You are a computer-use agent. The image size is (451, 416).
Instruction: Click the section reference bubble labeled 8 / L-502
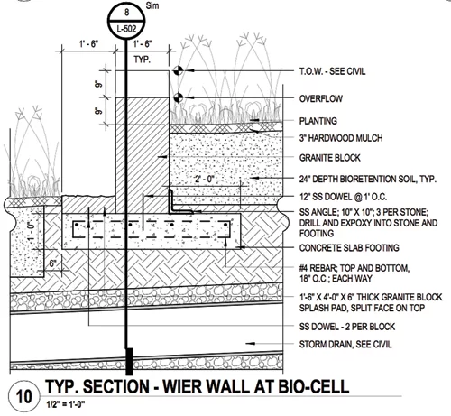(126, 21)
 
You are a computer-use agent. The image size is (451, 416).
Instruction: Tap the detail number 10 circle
(23, 397)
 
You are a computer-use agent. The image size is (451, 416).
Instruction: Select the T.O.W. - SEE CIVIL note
(332, 71)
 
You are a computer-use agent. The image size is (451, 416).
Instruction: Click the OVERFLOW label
(321, 98)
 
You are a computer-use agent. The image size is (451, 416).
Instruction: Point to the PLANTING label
(318, 121)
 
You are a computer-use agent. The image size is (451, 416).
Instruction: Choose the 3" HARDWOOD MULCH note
(341, 138)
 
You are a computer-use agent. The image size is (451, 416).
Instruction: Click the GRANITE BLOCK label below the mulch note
(329, 158)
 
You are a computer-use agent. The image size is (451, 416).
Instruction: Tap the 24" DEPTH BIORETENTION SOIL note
(368, 180)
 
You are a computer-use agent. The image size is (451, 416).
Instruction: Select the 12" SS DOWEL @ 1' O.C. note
(343, 197)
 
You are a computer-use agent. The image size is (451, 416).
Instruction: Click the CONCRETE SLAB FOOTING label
(349, 248)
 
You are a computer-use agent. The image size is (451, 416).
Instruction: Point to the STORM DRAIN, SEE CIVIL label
(345, 345)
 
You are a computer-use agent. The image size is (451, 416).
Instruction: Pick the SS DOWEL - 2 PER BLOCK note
(347, 327)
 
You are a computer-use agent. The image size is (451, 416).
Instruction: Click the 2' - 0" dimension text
(205, 180)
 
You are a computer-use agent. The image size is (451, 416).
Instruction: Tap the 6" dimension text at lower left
(53, 263)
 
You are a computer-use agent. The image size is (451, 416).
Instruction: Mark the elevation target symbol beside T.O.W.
(178, 71)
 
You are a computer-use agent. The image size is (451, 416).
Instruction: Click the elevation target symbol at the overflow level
(178, 97)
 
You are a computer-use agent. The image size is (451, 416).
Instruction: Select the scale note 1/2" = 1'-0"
(65, 404)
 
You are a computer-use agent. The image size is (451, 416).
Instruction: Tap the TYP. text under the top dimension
(143, 60)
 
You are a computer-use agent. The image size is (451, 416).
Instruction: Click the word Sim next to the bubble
(152, 5)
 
